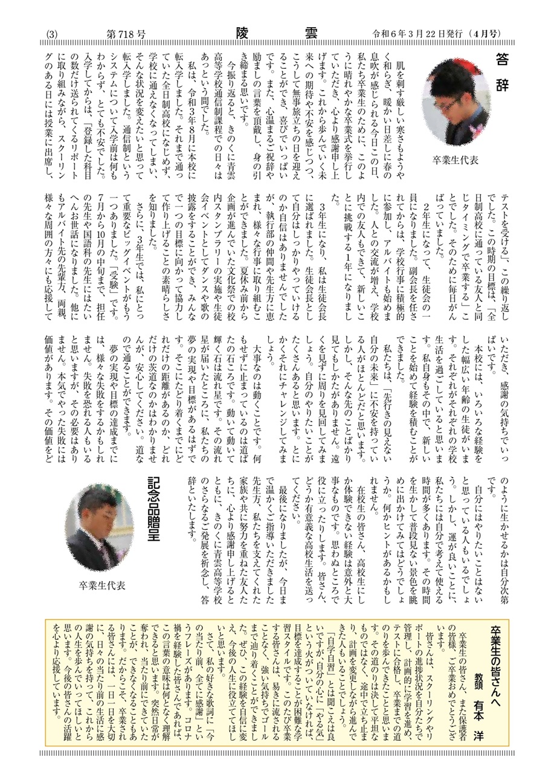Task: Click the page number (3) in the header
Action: pos(51,35)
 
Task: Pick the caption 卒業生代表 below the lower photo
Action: pos(101,584)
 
